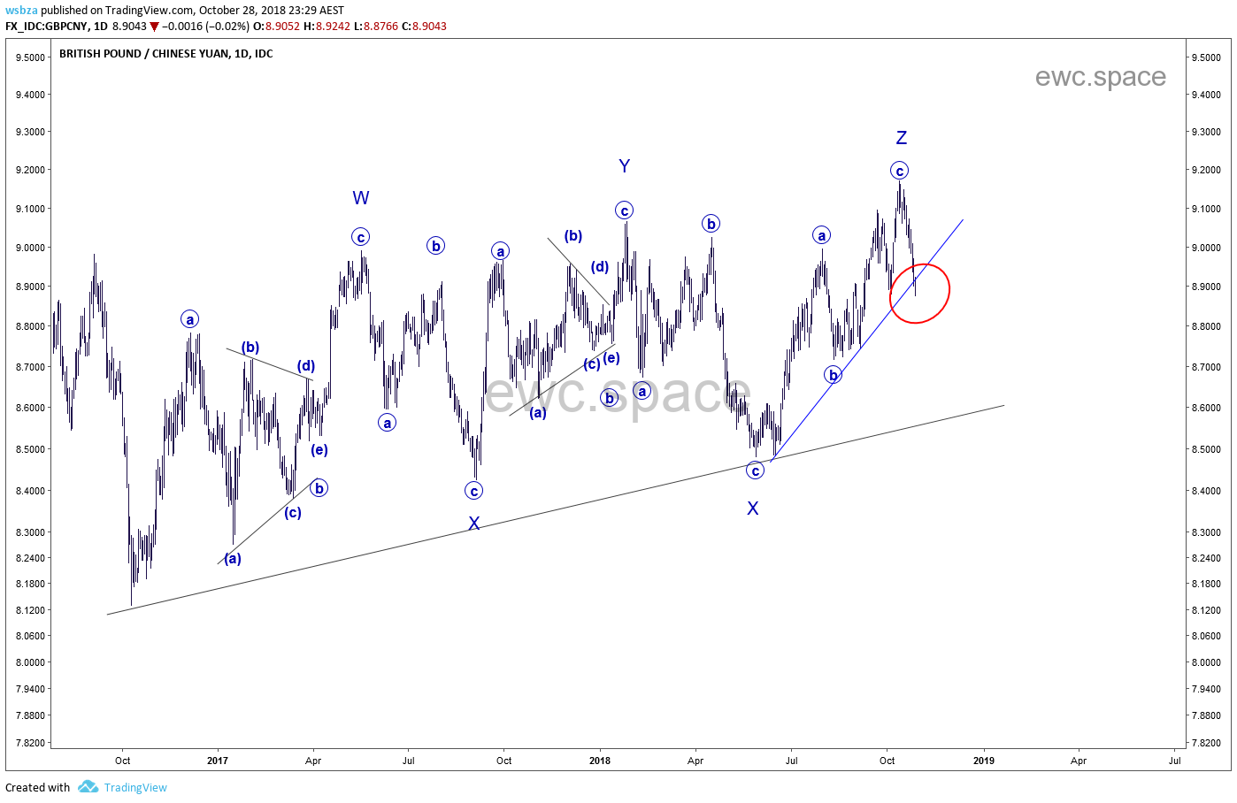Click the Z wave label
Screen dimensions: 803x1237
point(902,138)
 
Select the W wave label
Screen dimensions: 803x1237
point(361,198)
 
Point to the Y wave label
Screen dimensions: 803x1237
point(625,166)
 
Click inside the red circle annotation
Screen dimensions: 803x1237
point(920,293)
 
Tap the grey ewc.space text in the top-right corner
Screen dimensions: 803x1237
point(1100,77)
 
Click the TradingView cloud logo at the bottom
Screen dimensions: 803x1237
point(88,786)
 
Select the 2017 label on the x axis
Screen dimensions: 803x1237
point(218,761)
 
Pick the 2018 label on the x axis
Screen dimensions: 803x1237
point(600,761)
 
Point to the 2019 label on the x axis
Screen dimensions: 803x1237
point(983,761)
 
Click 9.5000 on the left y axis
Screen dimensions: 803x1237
point(30,57)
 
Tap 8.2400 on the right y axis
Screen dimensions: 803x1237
point(1206,558)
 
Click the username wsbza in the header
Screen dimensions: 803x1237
point(21,11)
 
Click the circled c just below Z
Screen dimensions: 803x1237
point(900,171)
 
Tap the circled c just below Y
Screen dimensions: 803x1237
point(625,210)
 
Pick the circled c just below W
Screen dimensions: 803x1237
point(361,237)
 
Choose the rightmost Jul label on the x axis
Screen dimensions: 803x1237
point(1175,761)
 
